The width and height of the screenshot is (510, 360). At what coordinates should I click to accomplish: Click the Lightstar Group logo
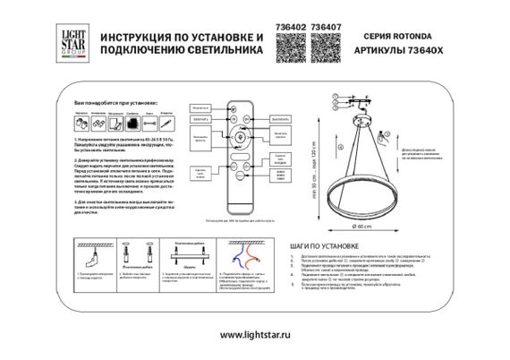click(x=74, y=42)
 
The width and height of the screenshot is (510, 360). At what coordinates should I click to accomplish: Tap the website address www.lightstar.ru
click(x=254, y=334)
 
